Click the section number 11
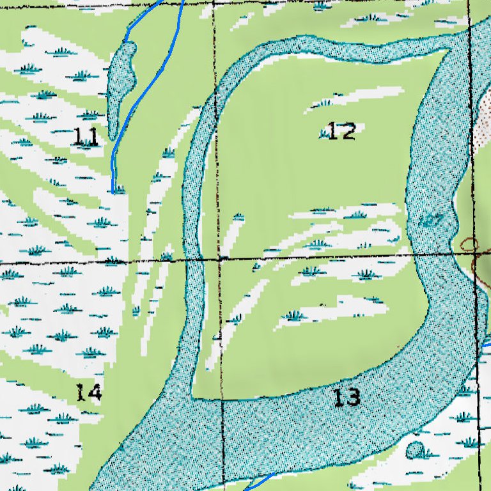[86, 136]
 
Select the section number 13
[347, 398]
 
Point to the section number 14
[88, 392]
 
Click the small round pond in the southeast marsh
[416, 450]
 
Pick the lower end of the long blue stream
[113, 191]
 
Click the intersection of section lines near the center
[219, 259]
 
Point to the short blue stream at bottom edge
[262, 480]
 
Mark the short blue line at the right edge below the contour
[485, 345]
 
